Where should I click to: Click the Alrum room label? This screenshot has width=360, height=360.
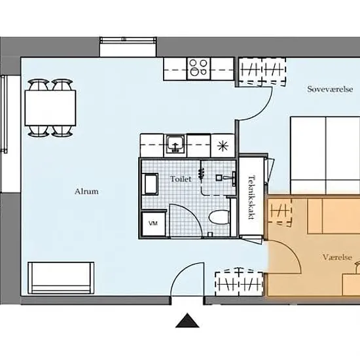86,191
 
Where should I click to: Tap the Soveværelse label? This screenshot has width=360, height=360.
330,89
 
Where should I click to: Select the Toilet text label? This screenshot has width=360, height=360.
181,179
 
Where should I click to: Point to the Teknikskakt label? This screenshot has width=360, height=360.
252,198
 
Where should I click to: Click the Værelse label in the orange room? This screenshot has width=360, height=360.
337,257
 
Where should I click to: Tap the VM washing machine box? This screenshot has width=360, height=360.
153,224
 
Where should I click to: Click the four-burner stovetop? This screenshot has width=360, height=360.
198,69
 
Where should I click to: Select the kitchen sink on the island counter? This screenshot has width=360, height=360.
175,144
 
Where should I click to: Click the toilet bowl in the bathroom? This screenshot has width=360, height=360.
219,217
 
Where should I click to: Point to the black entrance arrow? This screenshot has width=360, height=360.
187,320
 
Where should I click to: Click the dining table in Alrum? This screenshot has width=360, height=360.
50,108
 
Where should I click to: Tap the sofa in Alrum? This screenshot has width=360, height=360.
61,278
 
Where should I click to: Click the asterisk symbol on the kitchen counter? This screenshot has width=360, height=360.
223,146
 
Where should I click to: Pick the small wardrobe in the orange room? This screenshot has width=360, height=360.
279,211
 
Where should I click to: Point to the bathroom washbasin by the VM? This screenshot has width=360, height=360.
150,184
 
